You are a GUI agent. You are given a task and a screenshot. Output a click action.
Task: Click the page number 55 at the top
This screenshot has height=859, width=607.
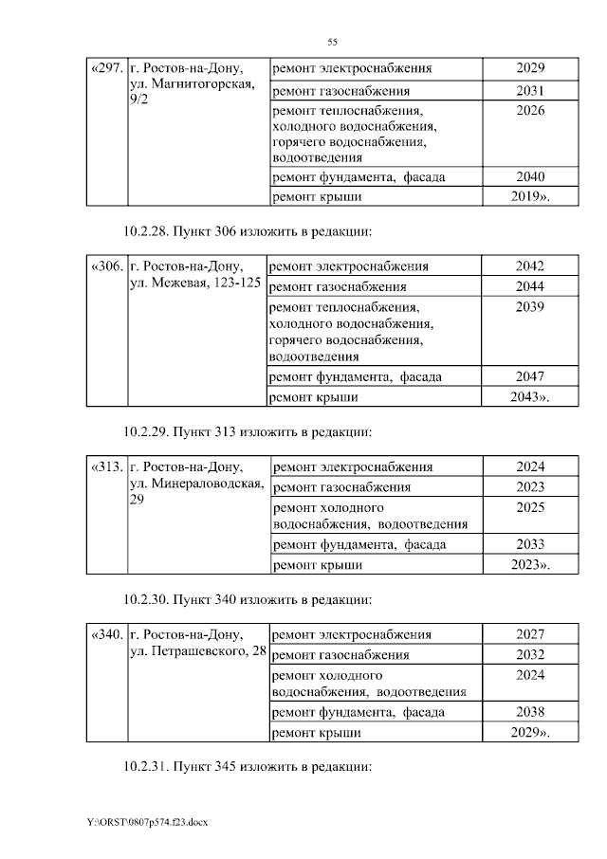point(332,42)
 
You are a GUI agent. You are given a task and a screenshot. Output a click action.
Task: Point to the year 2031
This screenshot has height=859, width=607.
point(530,91)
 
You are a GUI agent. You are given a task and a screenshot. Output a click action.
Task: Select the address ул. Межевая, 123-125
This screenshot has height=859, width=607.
point(195,284)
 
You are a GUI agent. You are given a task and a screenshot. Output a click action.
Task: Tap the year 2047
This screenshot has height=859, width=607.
point(530,376)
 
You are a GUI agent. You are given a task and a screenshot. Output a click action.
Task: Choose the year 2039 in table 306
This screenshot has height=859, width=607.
point(530,307)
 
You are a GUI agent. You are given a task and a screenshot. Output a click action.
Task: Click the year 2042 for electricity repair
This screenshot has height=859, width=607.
point(530,266)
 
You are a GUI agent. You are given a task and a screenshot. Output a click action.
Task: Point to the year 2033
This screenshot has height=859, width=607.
point(530,544)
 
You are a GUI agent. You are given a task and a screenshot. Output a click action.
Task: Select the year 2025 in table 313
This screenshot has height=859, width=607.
point(530,507)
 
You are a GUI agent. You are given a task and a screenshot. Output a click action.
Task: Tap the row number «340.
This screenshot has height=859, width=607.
point(106,635)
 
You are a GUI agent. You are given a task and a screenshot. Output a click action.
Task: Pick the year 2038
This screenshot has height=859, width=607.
point(530,712)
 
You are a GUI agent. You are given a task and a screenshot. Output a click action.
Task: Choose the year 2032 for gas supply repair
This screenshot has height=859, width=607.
point(530,655)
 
